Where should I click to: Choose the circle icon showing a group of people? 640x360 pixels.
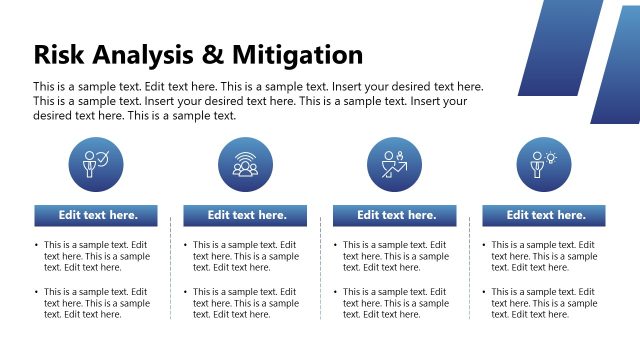click(245, 164)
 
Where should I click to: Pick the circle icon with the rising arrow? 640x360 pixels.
click(394, 164)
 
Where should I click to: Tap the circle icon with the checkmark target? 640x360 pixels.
click(96, 164)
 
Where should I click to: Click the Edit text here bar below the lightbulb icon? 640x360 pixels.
click(544, 215)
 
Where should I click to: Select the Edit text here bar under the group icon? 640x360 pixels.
click(245, 215)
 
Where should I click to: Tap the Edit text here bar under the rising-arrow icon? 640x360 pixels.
click(394, 215)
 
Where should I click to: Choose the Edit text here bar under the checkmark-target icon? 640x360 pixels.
click(96, 215)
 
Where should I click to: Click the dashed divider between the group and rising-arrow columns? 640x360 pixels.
click(320, 270)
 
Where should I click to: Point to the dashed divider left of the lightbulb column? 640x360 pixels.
click(470, 270)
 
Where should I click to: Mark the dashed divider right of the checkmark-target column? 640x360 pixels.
click(171, 270)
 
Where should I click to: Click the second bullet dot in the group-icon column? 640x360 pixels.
click(187, 292)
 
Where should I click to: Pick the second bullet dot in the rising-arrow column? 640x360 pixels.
click(337, 292)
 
